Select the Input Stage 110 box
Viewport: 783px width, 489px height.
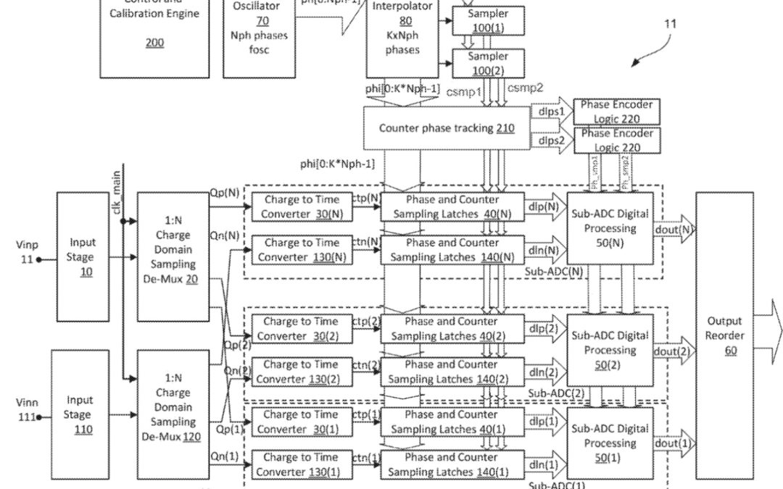click(x=79, y=414)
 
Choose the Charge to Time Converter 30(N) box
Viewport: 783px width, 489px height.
click(x=302, y=206)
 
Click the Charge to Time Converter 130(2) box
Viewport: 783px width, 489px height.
click(x=302, y=371)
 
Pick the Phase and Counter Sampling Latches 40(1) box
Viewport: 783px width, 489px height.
click(x=451, y=422)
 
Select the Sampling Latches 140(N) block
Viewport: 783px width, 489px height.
click(x=451, y=249)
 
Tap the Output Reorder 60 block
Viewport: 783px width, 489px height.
click(x=724, y=336)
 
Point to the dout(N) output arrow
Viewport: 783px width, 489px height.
click(x=676, y=230)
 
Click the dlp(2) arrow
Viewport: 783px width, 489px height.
click(x=546, y=328)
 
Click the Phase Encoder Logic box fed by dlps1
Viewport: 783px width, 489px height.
click(x=616, y=111)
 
